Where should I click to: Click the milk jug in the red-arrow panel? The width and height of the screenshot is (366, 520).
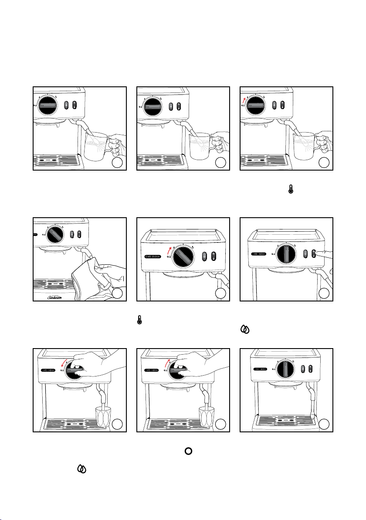click(x=305, y=147)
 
